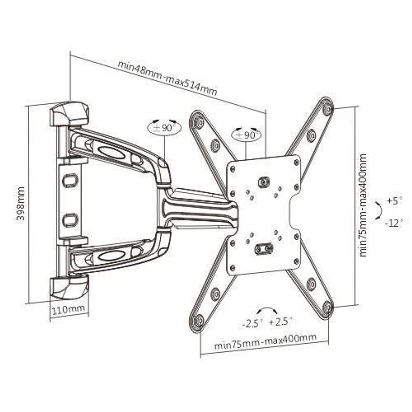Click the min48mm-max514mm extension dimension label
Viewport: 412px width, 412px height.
click(167, 78)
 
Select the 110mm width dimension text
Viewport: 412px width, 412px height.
click(69, 309)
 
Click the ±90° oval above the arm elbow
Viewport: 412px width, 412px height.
click(164, 127)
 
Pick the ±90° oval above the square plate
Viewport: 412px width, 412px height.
click(246, 135)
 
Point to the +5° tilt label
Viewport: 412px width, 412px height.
click(394, 201)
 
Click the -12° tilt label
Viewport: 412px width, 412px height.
click(394, 224)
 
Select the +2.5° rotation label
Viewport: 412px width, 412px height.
click(281, 321)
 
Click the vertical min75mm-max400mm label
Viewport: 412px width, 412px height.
click(363, 205)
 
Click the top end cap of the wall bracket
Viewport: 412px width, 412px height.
click(69, 114)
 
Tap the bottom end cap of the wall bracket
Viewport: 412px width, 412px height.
click(69, 287)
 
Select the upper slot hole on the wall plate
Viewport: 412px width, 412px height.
click(70, 180)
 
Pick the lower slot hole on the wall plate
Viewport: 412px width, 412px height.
click(70, 220)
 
